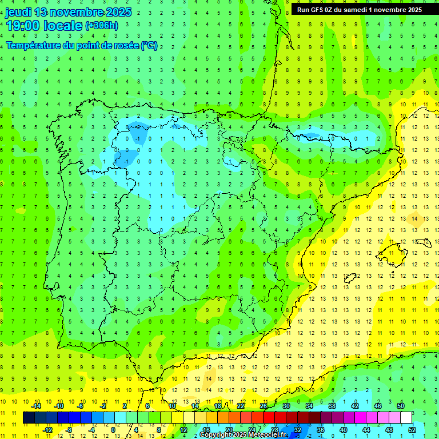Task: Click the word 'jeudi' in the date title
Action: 18,12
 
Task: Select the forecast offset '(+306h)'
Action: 101,25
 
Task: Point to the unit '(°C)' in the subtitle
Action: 149,45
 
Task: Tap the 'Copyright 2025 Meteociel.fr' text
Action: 242,435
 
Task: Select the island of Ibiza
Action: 349,279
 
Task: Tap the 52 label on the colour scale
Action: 412,429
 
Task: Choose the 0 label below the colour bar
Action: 114,429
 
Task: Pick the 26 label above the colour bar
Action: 264,406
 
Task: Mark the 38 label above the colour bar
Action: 332,406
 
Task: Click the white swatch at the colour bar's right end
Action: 406,418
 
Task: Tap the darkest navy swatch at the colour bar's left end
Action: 29,418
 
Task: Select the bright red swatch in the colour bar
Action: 269,418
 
